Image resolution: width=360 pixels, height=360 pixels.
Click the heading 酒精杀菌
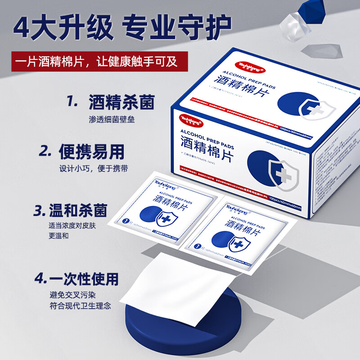121,102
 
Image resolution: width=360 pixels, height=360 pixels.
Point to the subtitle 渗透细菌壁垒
112,120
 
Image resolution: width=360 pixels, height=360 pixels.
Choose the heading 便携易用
91,152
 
